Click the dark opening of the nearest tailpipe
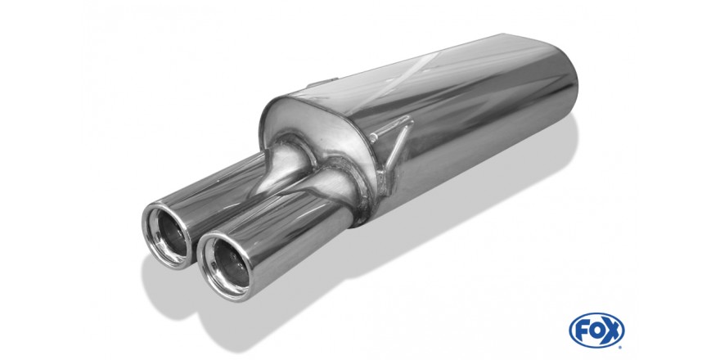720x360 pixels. [x=231, y=263]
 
